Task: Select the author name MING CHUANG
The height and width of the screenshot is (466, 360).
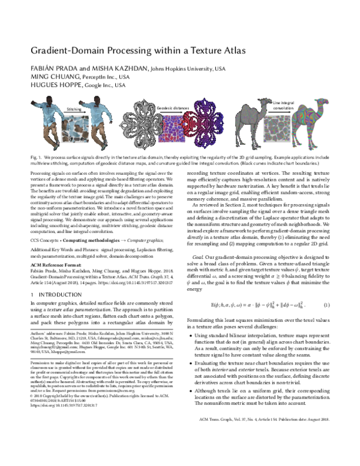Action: (x=48, y=77)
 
